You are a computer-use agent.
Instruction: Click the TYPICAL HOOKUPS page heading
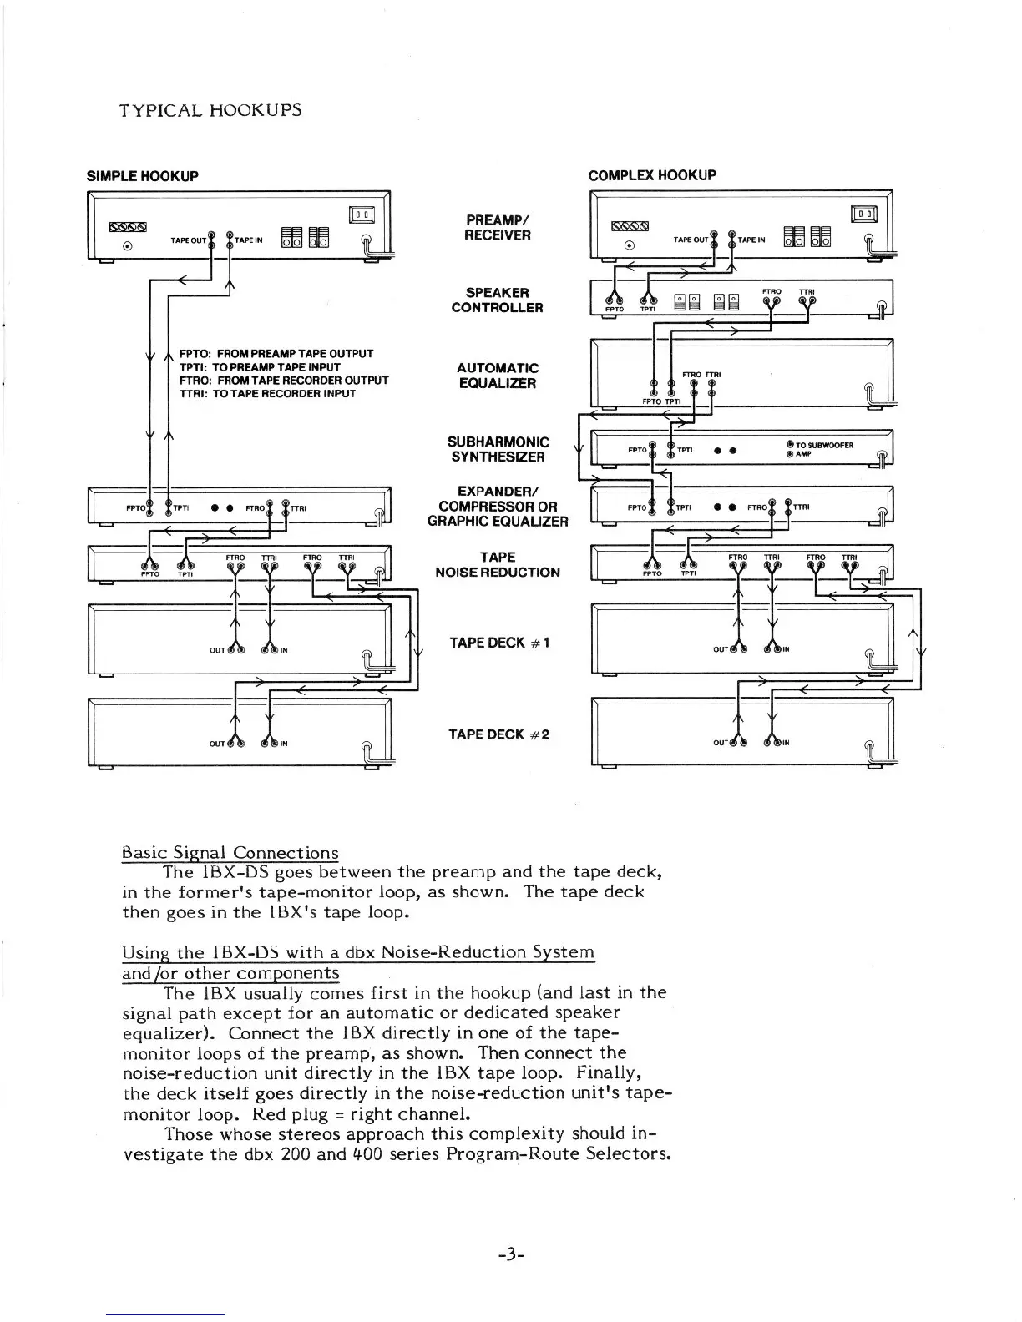pyautogui.click(x=210, y=110)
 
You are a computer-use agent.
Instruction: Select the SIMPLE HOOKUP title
pyautogui.click(x=143, y=176)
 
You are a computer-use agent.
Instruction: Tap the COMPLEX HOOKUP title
pyautogui.click(x=651, y=175)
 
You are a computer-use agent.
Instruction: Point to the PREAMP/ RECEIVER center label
pyautogui.click(x=497, y=227)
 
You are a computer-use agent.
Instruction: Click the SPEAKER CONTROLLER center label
pyautogui.click(x=497, y=300)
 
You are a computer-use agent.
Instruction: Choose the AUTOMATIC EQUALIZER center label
pyautogui.click(x=497, y=376)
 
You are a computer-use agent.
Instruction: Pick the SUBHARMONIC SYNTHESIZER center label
pyautogui.click(x=498, y=449)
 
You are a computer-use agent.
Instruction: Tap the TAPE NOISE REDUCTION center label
pyautogui.click(x=497, y=564)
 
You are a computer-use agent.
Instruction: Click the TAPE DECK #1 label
pyautogui.click(x=498, y=643)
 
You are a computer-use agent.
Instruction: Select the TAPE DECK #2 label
pyautogui.click(x=498, y=734)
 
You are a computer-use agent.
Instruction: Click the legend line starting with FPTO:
pyautogui.click(x=276, y=354)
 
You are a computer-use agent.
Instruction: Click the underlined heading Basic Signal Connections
pyautogui.click(x=230, y=853)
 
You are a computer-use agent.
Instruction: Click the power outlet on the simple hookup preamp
pyautogui.click(x=362, y=215)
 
